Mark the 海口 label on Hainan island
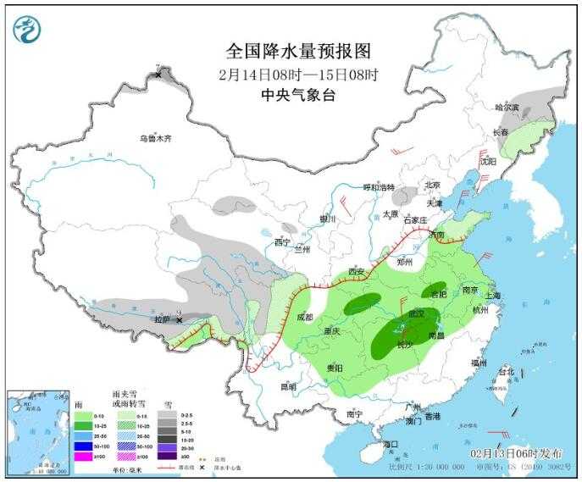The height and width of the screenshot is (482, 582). pyautogui.click(x=390, y=444)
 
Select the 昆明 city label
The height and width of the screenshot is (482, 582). pyautogui.click(x=289, y=386)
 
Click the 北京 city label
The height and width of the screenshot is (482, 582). pyautogui.click(x=432, y=185)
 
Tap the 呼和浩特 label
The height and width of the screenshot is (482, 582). pyautogui.click(x=379, y=187)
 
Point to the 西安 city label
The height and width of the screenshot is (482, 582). pyautogui.click(x=357, y=272)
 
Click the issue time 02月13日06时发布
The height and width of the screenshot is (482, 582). pyautogui.click(x=517, y=454)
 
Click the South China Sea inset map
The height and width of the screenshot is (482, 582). pyautogui.click(x=38, y=431)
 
